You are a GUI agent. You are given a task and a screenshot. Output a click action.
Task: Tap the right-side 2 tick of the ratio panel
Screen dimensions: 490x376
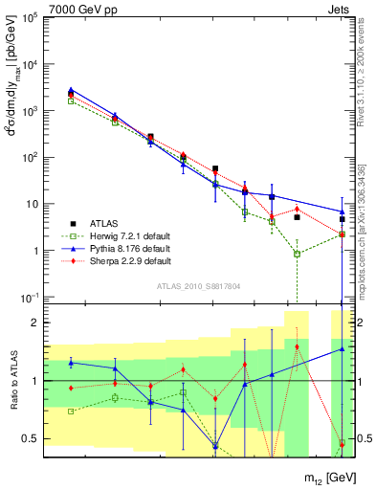[x=364, y=323]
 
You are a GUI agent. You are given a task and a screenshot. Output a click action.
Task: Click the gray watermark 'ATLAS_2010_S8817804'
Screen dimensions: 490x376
[x=199, y=285]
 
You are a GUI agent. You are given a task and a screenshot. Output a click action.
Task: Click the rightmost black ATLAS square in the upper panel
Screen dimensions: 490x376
[x=343, y=219]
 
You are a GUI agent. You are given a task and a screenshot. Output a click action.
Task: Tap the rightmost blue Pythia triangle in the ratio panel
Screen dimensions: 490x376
[x=343, y=349]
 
